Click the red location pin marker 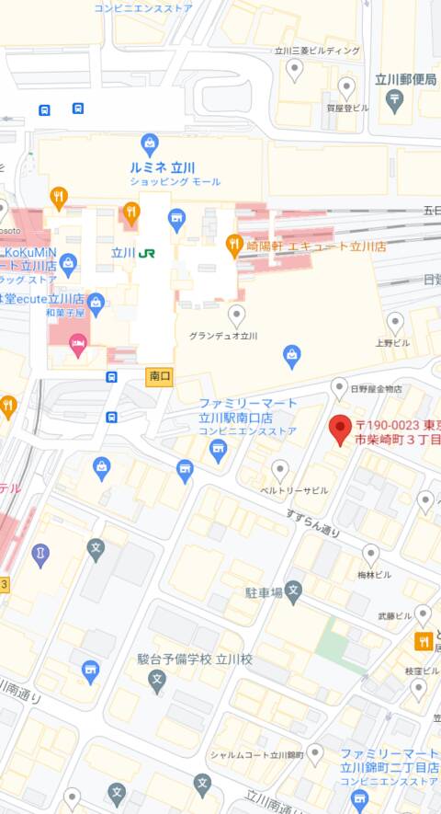tap(340, 429)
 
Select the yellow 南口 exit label tap(159, 376)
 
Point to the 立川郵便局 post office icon tap(395, 100)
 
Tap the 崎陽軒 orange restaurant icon tap(234, 245)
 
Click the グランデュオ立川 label tap(223, 336)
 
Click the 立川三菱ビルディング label tap(319, 51)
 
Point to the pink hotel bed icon tap(79, 346)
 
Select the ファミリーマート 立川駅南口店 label tap(248, 409)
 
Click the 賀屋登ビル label tap(347, 108)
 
